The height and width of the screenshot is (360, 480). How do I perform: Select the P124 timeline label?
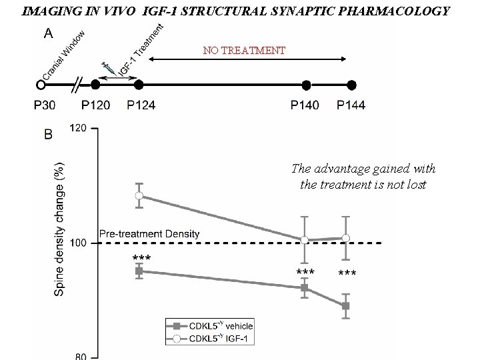(x=141, y=105)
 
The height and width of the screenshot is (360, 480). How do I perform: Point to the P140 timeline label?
(x=305, y=105)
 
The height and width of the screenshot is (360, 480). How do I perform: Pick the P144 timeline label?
(x=351, y=105)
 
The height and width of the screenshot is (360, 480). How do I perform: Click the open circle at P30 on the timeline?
(x=41, y=85)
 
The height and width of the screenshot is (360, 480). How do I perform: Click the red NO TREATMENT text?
(x=245, y=51)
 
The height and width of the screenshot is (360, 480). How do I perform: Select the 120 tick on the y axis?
(x=79, y=128)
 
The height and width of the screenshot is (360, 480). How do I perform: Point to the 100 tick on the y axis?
(x=79, y=243)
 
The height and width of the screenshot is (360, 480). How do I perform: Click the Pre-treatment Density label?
(x=149, y=233)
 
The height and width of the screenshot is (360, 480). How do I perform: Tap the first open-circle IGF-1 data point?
(x=139, y=195)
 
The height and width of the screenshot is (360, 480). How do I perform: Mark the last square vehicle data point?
(x=345, y=306)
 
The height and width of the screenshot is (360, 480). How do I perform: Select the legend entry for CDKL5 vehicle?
(x=211, y=327)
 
